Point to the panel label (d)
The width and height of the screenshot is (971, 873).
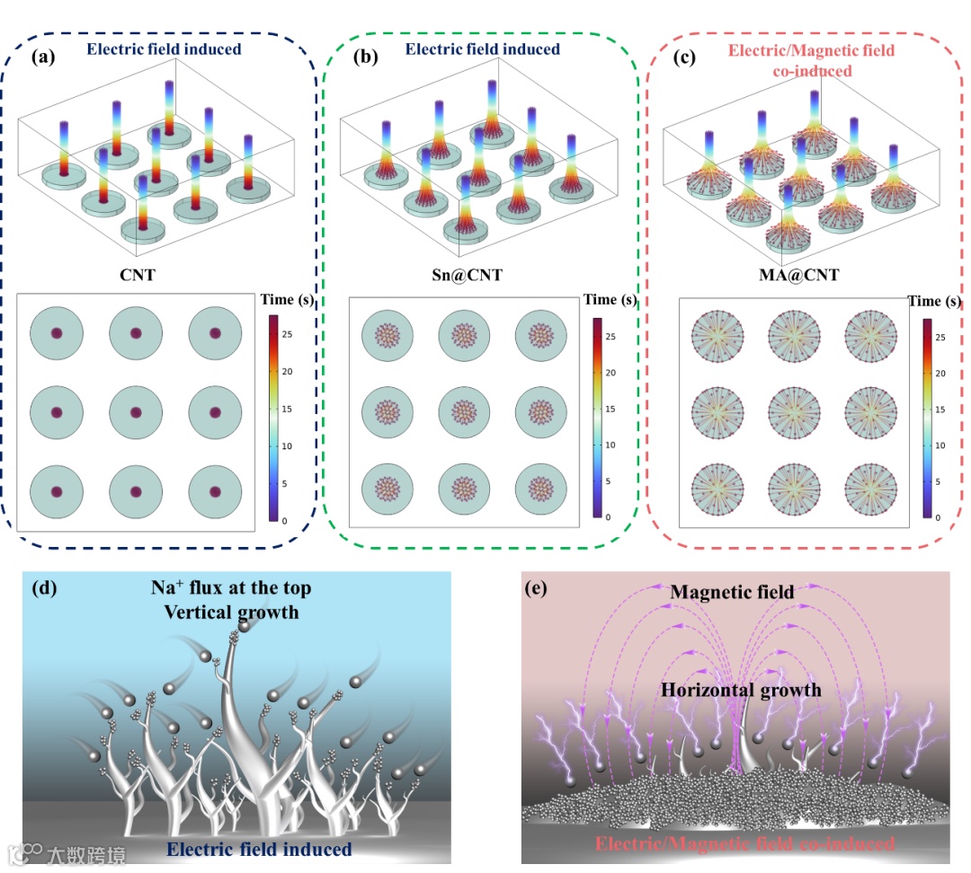(x=44, y=589)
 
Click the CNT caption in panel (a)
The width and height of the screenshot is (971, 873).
(x=138, y=274)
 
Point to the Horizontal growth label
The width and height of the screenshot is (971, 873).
(x=741, y=690)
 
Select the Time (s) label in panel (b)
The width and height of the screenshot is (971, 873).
(x=614, y=299)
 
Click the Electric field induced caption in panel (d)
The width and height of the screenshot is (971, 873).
(x=261, y=849)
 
